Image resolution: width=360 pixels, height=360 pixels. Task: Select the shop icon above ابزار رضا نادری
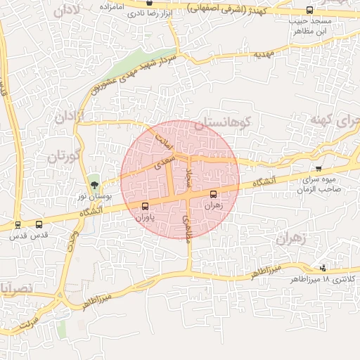point(148,3)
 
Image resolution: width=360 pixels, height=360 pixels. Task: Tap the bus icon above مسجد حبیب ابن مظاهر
point(310,11)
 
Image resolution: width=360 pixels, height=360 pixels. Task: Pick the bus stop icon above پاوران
point(145,206)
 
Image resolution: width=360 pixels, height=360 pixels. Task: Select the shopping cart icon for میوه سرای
point(319,169)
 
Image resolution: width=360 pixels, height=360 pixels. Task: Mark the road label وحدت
point(71,243)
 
